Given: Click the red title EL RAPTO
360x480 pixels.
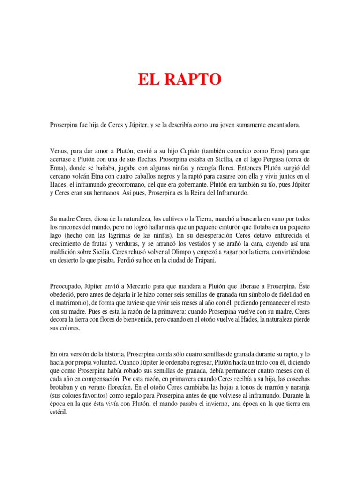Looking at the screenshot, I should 180,80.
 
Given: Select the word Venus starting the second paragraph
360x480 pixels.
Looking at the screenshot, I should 59,151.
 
